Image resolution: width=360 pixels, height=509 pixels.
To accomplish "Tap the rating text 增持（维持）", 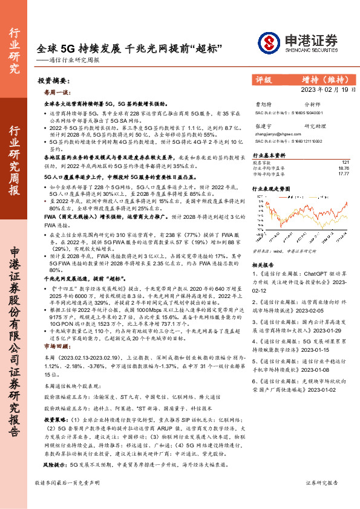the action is point(324,79).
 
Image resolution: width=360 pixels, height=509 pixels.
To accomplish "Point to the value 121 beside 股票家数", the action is point(345,163).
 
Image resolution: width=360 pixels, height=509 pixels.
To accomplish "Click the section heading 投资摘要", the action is point(53,80).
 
